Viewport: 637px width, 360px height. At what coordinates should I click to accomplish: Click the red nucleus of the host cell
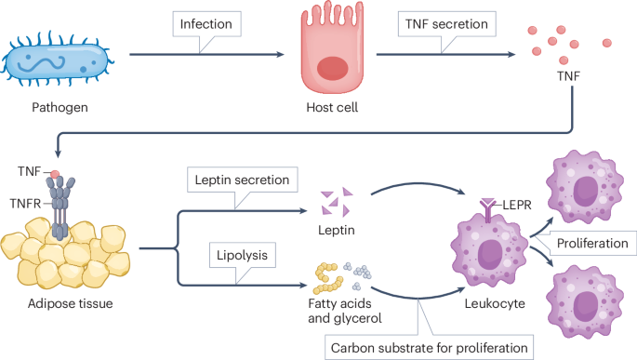click(331, 69)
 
